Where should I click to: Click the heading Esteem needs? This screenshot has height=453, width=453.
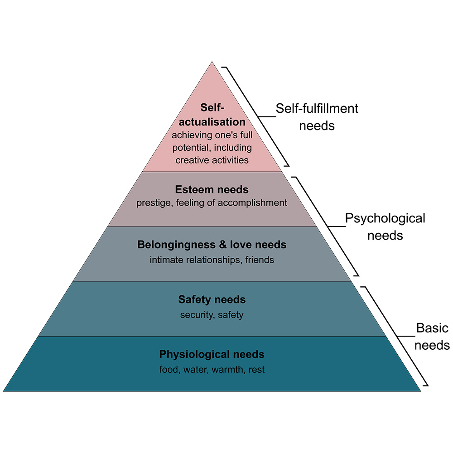coord(212,189)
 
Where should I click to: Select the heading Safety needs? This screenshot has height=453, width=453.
coord(212,299)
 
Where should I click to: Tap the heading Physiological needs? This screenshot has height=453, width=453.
coord(212,355)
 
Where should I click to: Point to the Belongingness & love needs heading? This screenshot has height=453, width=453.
coord(212,245)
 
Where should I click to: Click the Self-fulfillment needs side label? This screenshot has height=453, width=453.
coord(317,117)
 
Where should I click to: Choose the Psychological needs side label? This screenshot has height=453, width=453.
coord(385,227)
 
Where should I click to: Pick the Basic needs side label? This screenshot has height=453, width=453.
coord(432,337)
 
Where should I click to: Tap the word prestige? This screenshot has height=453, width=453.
coord(154,203)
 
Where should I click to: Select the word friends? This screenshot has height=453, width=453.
coord(260,260)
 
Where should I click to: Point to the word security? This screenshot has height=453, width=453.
coord(198,315)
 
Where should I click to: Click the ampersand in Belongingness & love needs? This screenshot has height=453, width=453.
coord(223,245)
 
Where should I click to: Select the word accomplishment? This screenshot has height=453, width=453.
coord(252,203)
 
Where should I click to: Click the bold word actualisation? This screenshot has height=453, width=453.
coord(212,122)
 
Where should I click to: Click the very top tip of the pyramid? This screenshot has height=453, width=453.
coord(212,62)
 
